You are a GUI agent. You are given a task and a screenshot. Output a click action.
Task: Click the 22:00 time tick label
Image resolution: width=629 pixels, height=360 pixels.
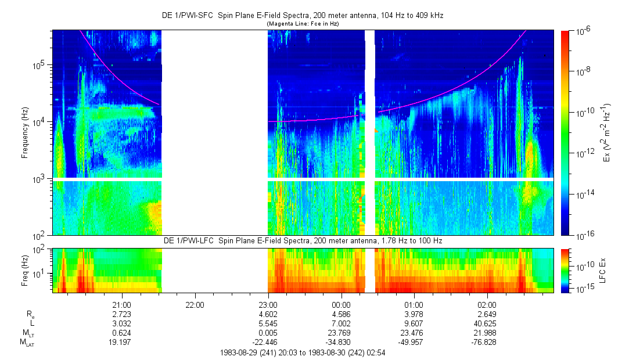point(194,304)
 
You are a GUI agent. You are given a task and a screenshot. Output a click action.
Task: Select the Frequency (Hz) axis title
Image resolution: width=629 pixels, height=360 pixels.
point(25,133)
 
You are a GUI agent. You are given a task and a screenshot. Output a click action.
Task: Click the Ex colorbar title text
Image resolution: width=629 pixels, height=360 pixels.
point(608,133)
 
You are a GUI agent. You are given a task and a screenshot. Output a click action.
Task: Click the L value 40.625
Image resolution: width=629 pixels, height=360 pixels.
point(486,323)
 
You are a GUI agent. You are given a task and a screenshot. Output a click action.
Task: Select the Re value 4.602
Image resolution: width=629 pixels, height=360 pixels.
point(267,314)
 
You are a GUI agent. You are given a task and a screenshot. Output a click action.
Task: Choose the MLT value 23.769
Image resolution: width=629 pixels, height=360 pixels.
point(340,333)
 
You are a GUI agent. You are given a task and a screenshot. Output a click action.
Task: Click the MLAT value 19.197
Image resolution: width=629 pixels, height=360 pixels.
point(121,342)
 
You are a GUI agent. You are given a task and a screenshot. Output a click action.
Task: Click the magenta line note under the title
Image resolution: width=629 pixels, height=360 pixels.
point(302,24)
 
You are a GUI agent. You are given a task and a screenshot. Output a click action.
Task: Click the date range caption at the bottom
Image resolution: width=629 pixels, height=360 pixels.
point(302,352)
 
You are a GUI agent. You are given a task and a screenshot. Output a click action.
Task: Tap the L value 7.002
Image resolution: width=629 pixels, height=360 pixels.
point(340,323)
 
